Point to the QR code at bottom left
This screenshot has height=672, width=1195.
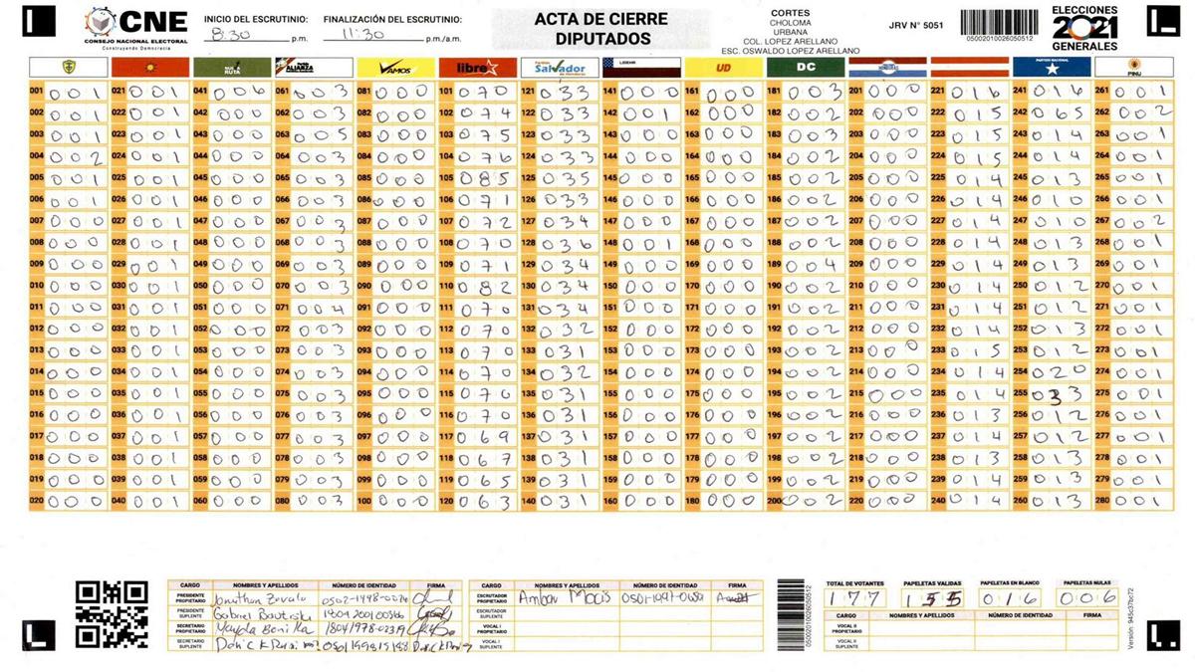point(112,613)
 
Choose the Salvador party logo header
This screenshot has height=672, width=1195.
point(559,68)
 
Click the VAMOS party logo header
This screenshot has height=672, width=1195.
point(394,68)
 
